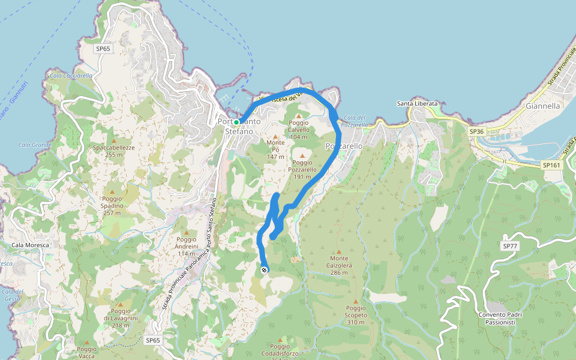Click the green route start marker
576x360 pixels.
click(236, 122)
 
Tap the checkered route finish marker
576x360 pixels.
click(265, 270)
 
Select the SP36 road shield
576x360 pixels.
click(476, 131)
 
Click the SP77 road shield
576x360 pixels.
click(510, 246)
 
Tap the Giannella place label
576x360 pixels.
click(542, 106)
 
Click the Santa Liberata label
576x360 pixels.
click(418, 104)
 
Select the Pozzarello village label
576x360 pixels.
click(344, 146)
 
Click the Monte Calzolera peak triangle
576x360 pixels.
click(339, 252)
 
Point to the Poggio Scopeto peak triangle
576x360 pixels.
click(355, 302)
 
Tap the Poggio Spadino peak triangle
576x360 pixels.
click(112, 192)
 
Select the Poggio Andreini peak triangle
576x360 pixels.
click(187, 233)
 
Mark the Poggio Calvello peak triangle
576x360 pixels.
click(298, 116)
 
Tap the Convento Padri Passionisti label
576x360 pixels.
click(500, 319)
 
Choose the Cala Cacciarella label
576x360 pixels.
click(71, 76)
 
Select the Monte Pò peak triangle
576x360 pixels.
click(275, 136)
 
